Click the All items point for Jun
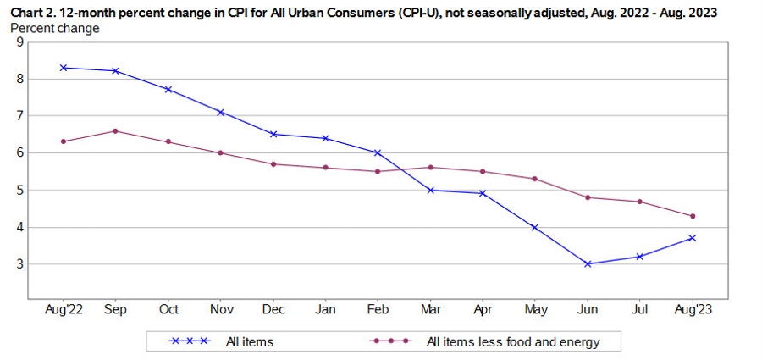tap(588, 263)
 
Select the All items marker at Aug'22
tap(63, 67)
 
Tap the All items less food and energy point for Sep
tap(115, 130)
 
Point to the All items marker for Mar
tap(430, 190)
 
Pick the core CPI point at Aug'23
tap(693, 216)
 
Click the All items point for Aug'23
tap(693, 238)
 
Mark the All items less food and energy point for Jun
tap(588, 197)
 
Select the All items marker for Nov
tap(220, 112)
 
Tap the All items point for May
tap(535, 227)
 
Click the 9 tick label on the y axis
tap(19, 42)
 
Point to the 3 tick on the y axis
tap(19, 264)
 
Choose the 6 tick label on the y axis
tap(19, 153)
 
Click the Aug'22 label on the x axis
tap(63, 310)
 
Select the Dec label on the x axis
tap(273, 310)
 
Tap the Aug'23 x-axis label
tap(693, 310)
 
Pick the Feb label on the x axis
tap(378, 310)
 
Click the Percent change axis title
tap(55, 28)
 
